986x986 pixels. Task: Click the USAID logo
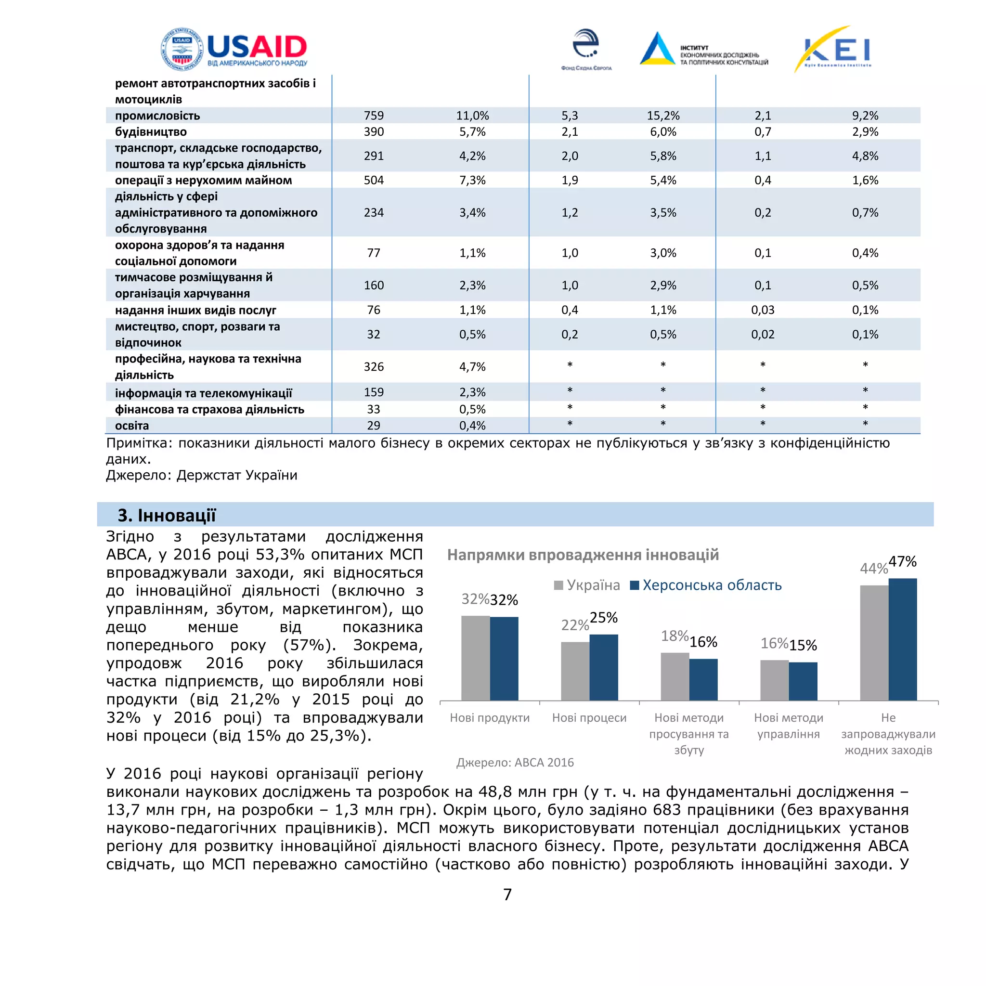point(234,49)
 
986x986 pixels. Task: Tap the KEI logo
point(833,50)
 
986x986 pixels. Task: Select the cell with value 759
point(374,116)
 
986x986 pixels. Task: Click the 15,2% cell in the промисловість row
point(663,116)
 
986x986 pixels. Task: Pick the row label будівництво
point(151,131)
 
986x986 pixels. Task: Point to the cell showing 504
point(374,180)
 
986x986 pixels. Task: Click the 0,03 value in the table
point(763,310)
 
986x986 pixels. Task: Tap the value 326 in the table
point(374,366)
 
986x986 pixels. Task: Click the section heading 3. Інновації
point(167,515)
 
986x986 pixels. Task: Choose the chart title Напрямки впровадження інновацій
point(583,555)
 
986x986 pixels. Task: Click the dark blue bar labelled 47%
point(902,639)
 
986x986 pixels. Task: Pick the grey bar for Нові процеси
point(575,671)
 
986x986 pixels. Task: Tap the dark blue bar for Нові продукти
point(504,658)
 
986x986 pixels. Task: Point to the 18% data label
point(674,636)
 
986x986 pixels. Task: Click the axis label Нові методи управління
point(789,726)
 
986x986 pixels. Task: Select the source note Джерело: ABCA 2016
point(515,763)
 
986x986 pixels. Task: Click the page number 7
point(507,894)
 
